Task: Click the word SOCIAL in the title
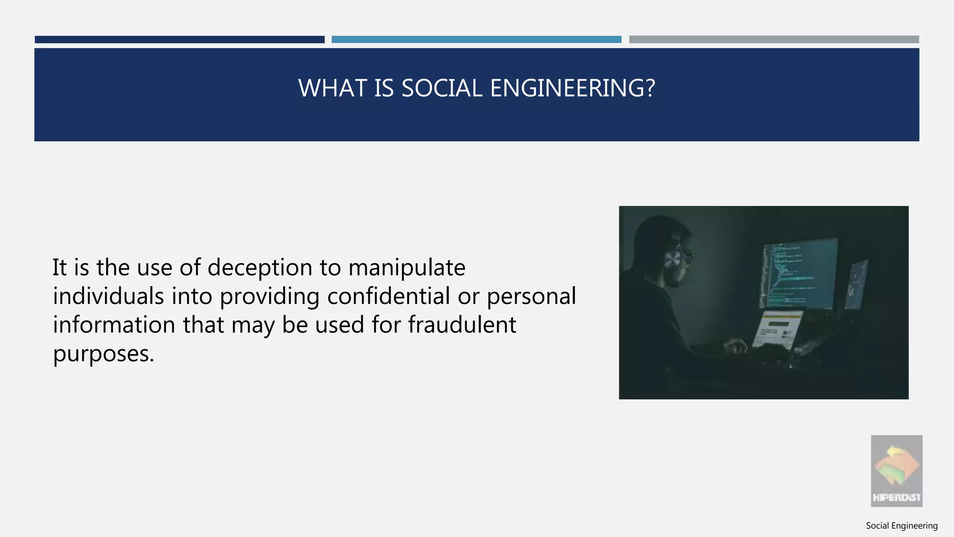click(442, 88)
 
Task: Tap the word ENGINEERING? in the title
click(572, 88)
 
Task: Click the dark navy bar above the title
click(179, 40)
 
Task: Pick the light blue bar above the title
click(476, 40)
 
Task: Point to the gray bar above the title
click(774, 40)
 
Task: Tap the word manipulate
click(407, 268)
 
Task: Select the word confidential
click(388, 296)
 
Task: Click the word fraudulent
click(462, 325)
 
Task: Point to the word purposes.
click(103, 354)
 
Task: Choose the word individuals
click(108, 296)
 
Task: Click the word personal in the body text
click(531, 296)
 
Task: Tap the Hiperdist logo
click(896, 471)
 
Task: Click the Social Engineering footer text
click(901, 526)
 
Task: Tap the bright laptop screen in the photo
click(777, 329)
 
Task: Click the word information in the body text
click(114, 325)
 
